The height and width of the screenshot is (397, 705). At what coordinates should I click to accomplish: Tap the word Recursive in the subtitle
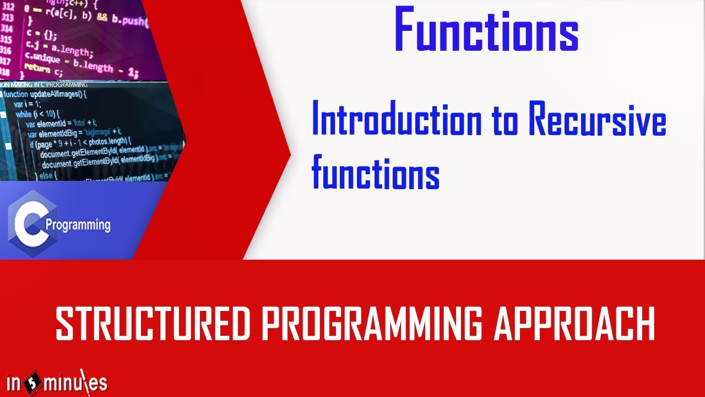[x=597, y=122]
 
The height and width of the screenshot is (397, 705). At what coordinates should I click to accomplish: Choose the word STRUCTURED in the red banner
[x=153, y=325]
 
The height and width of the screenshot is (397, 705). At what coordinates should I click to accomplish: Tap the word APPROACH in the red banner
[x=574, y=325]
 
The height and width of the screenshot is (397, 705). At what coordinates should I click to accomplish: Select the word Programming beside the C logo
[x=78, y=225]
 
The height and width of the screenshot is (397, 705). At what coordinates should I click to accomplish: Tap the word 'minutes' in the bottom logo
[x=77, y=382]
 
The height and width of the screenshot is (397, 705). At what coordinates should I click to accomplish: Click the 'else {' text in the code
[x=48, y=175]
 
